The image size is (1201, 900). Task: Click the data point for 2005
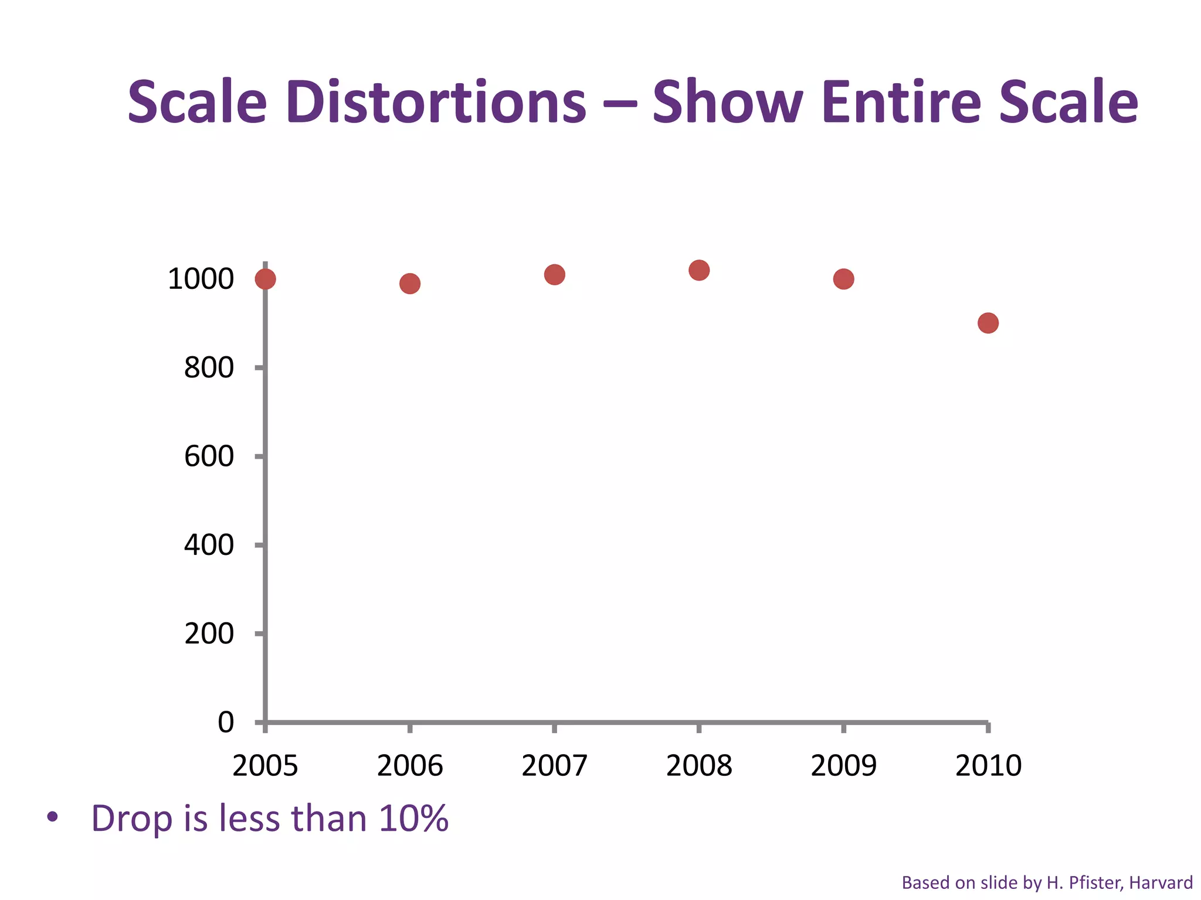tap(265, 279)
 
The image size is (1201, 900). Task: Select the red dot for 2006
tap(410, 284)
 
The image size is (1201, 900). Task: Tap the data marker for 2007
tap(554, 274)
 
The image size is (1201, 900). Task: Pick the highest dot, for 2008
tap(699, 270)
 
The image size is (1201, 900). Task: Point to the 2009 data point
tap(843, 279)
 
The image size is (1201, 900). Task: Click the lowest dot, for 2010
tap(988, 323)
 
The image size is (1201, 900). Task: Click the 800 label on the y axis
tap(209, 368)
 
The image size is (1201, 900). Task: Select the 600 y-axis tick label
tap(209, 456)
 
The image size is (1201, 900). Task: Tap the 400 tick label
tap(209, 546)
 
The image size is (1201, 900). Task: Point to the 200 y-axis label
tap(209, 634)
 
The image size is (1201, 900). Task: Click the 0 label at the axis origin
tap(226, 722)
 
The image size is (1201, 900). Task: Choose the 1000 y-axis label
tap(201, 279)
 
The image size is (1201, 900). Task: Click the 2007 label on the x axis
tap(554, 766)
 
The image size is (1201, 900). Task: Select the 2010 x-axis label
tap(988, 766)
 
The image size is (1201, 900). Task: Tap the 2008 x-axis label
tap(699, 766)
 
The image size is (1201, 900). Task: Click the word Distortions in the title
tap(436, 103)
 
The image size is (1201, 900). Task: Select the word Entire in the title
tap(901, 103)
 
